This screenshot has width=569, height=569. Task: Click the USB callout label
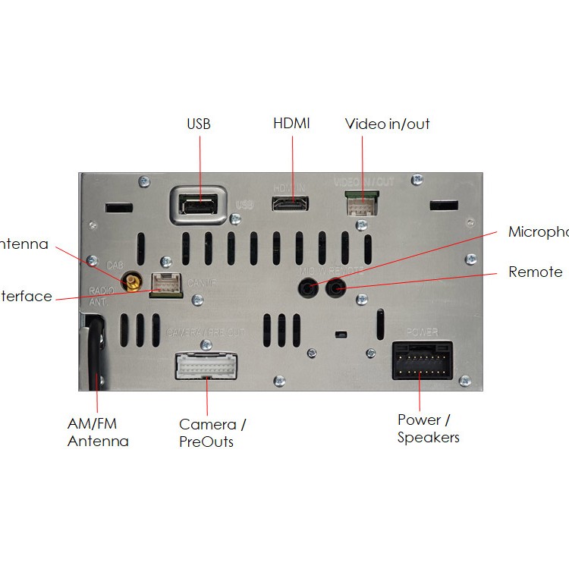[198, 124]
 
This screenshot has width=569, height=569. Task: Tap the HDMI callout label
[291, 123]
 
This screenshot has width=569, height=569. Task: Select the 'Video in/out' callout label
[387, 124]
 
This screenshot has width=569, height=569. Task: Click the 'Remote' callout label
[535, 272]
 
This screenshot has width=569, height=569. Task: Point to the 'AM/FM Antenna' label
[98, 432]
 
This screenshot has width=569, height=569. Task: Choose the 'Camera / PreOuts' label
[212, 432]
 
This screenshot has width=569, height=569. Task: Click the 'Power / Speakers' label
[428, 428]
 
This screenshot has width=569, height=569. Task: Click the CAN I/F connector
[167, 284]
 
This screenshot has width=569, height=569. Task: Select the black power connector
[423, 360]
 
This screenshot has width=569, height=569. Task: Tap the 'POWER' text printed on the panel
[422, 332]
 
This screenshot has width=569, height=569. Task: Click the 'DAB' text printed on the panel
[115, 265]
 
